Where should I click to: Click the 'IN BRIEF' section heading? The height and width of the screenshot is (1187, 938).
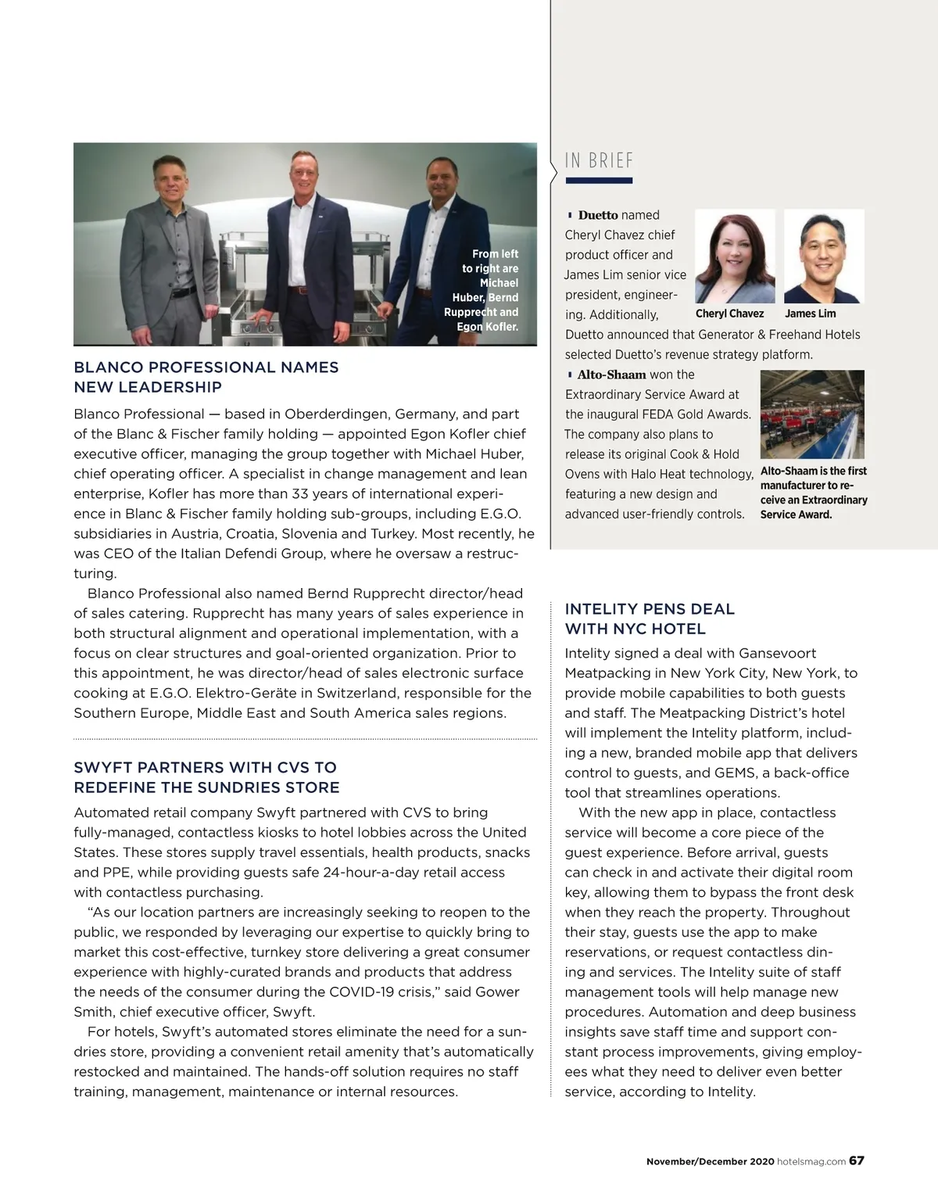[x=599, y=160]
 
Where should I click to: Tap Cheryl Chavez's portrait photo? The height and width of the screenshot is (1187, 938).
[x=734, y=256]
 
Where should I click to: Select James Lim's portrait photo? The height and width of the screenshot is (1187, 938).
[x=824, y=256]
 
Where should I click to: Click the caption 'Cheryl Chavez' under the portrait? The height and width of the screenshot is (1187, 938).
[x=729, y=314]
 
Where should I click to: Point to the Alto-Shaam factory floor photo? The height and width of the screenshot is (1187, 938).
[x=812, y=414]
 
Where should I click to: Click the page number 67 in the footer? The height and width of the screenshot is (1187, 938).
[x=857, y=1160]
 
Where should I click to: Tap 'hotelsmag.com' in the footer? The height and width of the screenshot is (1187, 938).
[x=811, y=1161]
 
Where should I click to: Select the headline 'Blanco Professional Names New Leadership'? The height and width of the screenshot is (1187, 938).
[x=206, y=377]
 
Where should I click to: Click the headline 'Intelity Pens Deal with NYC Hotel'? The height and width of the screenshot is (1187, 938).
[x=650, y=619]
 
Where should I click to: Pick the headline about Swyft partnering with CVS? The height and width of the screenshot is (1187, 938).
[x=206, y=777]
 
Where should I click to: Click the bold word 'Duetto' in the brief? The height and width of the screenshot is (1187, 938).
[x=598, y=215]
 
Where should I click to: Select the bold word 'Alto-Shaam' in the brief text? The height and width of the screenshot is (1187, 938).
[x=611, y=375]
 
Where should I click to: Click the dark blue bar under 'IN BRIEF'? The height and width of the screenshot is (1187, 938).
[x=599, y=181]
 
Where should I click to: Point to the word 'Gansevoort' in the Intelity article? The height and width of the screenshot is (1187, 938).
[x=777, y=653]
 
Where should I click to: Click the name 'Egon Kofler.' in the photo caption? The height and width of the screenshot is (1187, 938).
[x=487, y=326]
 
